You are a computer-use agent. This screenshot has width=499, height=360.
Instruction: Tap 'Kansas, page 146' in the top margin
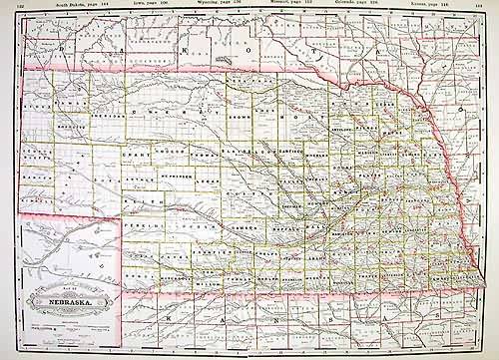click(x=458, y=4)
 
